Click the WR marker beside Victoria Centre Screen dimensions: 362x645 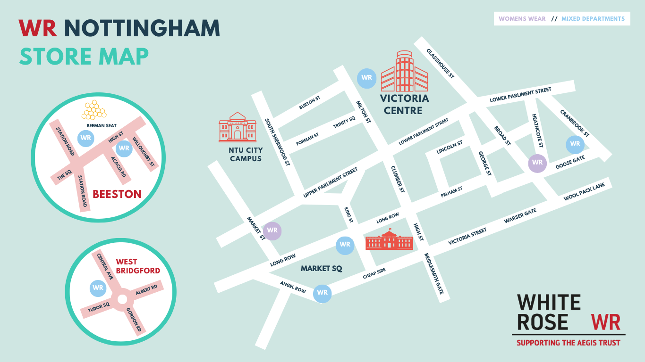[366, 78]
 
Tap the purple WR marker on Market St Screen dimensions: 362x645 [272, 230]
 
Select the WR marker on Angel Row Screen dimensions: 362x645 [322, 293]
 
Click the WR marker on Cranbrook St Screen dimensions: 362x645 [575, 144]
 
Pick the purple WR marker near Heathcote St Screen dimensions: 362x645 [537, 163]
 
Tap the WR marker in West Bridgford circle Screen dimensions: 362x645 [98, 288]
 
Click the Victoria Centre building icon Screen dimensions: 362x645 [404, 72]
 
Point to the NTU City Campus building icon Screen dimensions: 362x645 [238, 127]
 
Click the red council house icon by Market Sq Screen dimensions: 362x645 [389, 240]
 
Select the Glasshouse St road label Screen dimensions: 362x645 [440, 63]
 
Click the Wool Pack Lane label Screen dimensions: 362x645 [584, 192]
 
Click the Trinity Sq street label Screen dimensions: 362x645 [344, 122]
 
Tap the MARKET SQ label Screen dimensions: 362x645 [321, 268]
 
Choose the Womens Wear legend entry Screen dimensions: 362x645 [522, 19]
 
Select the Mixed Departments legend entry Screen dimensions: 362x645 [593, 19]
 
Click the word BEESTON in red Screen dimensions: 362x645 [117, 194]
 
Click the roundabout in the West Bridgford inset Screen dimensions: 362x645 [122, 299]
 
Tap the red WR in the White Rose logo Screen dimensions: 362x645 [605, 322]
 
